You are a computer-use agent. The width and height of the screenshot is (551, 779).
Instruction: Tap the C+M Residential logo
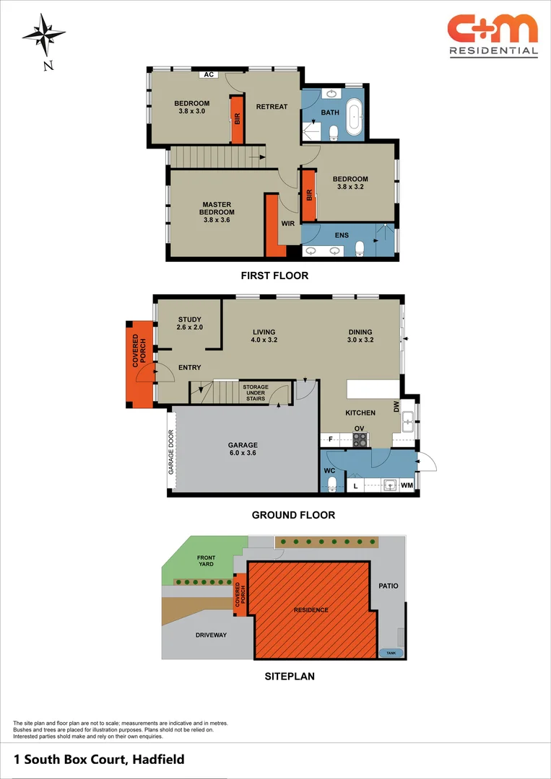click(493, 35)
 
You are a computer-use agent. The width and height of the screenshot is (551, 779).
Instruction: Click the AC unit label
click(209, 74)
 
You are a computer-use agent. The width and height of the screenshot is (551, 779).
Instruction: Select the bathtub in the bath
click(354, 118)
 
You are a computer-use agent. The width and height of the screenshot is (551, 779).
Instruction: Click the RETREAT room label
click(272, 107)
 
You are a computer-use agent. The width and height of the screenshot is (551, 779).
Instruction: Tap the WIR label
click(287, 224)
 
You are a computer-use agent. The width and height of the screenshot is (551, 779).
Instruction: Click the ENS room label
click(342, 235)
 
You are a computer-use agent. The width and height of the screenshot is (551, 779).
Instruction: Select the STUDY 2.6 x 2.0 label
click(189, 323)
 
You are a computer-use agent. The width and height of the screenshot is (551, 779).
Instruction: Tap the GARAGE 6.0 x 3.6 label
click(243, 449)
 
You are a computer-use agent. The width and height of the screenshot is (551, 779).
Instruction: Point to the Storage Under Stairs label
click(255, 392)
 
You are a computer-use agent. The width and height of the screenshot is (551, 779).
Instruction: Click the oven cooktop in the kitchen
click(359, 438)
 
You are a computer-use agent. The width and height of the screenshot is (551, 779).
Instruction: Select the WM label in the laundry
click(407, 486)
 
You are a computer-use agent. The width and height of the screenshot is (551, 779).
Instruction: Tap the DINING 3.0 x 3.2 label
click(360, 335)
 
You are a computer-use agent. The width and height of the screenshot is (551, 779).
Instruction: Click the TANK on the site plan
click(391, 653)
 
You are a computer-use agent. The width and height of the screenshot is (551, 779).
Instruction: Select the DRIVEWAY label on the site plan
click(211, 635)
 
